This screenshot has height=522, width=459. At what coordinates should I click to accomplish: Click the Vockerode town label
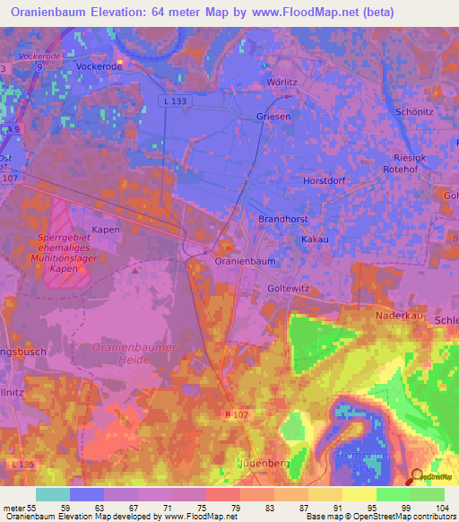coord(99,66)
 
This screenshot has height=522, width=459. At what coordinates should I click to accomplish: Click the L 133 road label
coord(176,102)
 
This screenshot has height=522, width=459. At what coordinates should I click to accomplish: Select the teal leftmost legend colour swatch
coord(52,494)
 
